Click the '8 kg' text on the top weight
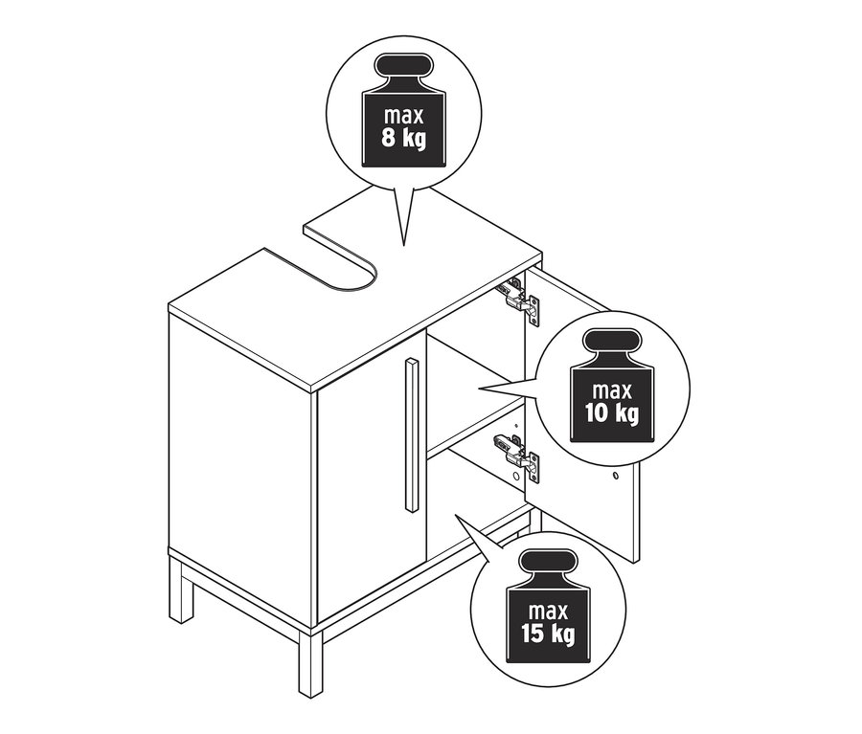click(403, 138)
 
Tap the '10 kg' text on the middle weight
click(612, 412)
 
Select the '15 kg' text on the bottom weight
click(549, 634)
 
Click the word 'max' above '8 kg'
click(404, 116)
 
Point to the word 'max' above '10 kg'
click(612, 391)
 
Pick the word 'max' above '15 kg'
click(549, 612)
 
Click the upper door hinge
click(518, 299)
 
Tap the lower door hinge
click(517, 456)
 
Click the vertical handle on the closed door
click(411, 434)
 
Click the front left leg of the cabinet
click(181, 589)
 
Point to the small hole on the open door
click(615, 474)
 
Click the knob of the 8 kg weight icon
click(404, 66)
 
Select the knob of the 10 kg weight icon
click(612, 343)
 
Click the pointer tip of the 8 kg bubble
click(404, 245)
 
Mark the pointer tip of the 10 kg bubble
click(480, 389)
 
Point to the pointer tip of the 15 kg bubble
click(455, 516)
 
